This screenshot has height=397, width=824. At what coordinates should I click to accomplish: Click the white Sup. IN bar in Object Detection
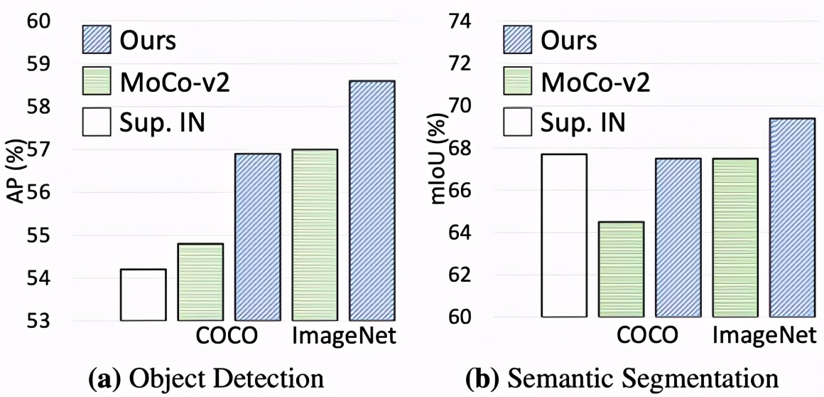143,295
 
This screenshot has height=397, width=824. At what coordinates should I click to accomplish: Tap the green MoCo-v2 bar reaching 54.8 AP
200,282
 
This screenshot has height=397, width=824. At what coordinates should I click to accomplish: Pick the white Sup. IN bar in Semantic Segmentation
564,235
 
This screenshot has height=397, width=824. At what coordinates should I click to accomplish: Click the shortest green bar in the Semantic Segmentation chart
621,270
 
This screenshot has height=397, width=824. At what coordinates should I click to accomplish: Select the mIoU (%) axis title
438,171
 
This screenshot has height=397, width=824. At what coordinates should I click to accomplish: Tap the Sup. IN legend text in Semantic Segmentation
583,123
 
